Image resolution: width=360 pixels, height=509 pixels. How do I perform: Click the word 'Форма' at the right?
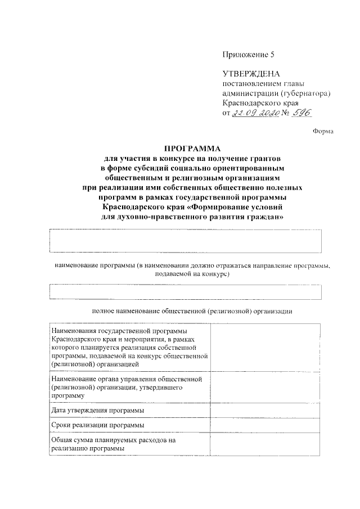click(323, 132)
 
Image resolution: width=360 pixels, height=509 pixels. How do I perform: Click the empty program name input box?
click(186, 241)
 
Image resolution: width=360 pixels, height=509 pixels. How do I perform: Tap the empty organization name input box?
click(186, 292)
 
